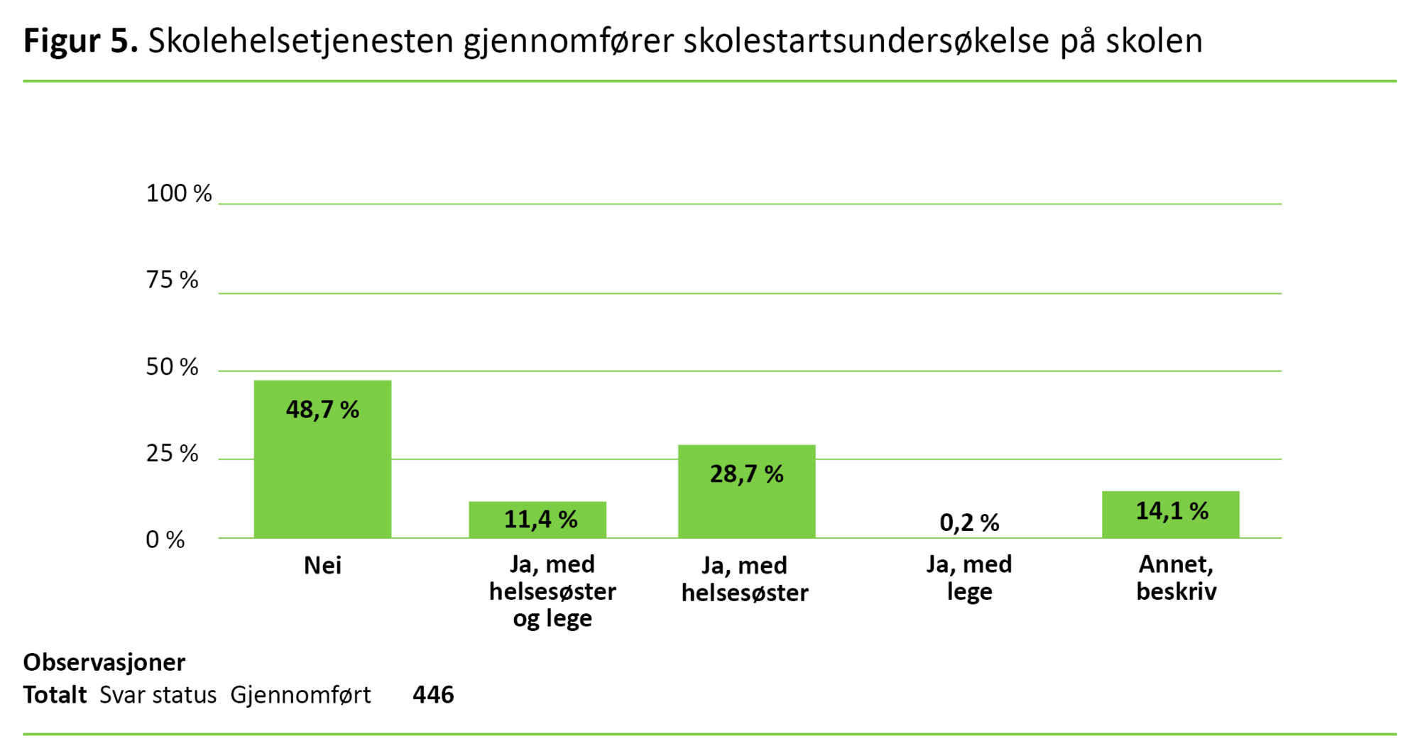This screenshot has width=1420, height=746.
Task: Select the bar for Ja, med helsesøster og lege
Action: [537, 520]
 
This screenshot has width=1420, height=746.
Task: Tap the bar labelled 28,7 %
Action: [746, 497]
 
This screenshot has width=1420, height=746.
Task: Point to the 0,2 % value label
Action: [969, 523]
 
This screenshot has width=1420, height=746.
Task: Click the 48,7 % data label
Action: [322, 410]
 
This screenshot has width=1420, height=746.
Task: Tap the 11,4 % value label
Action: [540, 520]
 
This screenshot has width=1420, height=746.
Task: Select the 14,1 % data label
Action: [1171, 511]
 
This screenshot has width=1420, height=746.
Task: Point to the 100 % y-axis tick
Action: [179, 193]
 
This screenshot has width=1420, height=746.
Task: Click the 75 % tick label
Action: [173, 280]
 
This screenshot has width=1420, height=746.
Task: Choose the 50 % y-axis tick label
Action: [173, 367]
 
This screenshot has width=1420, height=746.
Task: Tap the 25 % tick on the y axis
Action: [173, 454]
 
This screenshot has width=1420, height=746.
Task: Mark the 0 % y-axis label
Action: [165, 540]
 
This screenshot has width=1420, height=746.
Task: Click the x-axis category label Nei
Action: [322, 566]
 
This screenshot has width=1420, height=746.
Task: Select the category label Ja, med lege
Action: [969, 578]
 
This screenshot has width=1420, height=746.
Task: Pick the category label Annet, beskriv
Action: [1176, 578]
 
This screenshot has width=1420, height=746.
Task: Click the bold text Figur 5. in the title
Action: [80, 41]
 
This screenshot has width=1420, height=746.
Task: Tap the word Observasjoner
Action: [104, 662]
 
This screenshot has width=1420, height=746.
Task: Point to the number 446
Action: [433, 695]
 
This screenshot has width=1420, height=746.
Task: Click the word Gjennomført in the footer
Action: [300, 695]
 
